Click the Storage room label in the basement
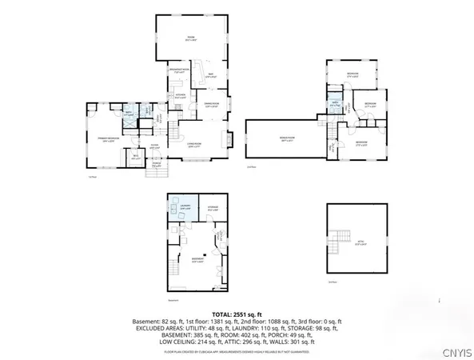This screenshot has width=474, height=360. [x=213, y=210]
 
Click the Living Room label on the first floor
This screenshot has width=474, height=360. [x=193, y=145]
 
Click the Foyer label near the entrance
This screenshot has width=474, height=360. [x=156, y=146]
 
